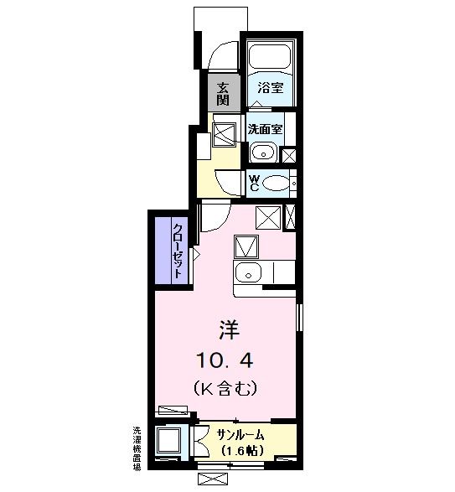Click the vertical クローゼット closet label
coord(178,245)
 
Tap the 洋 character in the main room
coord(225,329)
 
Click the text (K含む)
coord(224,389)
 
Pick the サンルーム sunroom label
coord(241,434)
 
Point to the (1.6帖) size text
coord(241,450)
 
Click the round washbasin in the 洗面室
coord(262,153)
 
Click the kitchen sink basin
coord(248,272)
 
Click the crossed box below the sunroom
coord(214,479)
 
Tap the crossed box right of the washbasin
coord(289,155)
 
